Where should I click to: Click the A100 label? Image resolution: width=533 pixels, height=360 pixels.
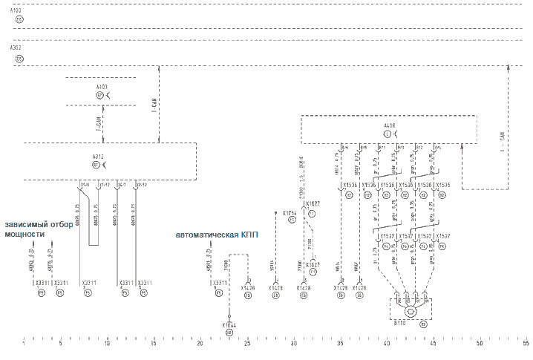16,11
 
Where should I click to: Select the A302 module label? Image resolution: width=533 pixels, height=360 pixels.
16,47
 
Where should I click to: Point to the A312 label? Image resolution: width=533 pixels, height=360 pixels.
98,157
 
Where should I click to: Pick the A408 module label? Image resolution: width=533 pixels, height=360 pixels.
389,126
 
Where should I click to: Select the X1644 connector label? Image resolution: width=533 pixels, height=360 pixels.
229,324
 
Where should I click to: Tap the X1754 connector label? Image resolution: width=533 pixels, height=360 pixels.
290,212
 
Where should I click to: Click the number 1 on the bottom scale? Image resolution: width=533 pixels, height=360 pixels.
24,344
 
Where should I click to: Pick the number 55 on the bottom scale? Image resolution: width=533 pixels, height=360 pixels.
526,344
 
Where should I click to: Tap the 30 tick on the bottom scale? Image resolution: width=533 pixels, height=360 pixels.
294,344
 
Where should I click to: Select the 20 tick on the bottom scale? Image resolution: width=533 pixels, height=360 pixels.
200,344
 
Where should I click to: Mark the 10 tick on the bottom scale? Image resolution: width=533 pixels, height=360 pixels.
108,344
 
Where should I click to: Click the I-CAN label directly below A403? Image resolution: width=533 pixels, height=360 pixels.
98,117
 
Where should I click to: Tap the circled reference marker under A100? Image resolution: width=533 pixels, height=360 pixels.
19,20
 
